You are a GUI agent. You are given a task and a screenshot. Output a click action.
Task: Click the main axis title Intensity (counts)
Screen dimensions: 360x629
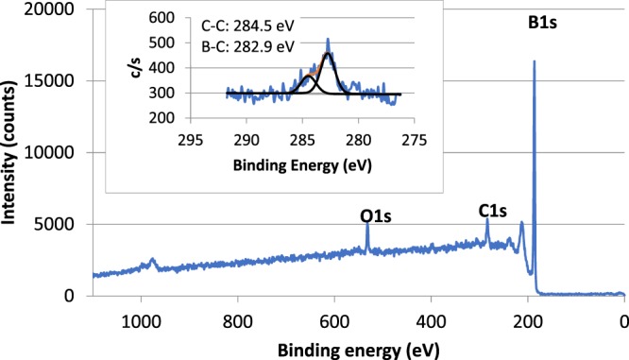(x=16, y=151)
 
